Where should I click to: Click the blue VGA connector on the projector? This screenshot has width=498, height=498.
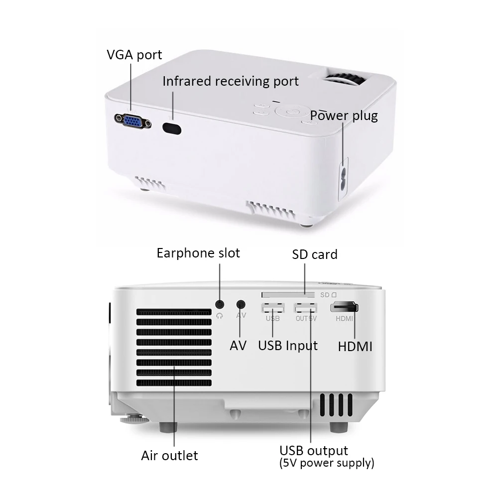click(x=133, y=122)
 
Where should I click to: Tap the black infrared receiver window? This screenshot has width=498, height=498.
click(x=172, y=129)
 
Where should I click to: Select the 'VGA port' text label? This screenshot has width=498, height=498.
click(x=134, y=55)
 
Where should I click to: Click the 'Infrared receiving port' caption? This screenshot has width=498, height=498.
click(x=231, y=81)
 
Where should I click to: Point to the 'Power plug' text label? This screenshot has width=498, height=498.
click(x=344, y=116)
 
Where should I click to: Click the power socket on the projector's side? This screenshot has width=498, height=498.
click(x=343, y=179)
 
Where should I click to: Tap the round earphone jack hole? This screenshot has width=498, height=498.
click(x=220, y=305)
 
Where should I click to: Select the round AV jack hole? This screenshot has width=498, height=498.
click(x=241, y=305)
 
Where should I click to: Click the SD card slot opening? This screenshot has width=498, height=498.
click(x=288, y=295)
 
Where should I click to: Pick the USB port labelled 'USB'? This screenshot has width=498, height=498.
click(x=273, y=308)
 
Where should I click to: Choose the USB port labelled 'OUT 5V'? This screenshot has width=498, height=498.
click(x=306, y=308)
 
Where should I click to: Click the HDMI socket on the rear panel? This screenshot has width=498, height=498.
click(x=344, y=307)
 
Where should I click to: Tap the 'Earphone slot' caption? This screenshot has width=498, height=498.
click(x=198, y=253)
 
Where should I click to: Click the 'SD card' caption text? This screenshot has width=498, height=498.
click(x=315, y=254)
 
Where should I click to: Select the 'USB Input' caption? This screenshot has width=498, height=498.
click(x=288, y=346)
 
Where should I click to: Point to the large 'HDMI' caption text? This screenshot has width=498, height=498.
click(x=355, y=347)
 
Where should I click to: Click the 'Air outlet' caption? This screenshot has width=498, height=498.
click(x=170, y=456)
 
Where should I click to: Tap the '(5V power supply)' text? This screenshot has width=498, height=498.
click(x=327, y=463)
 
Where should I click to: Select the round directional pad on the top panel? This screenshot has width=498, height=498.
click(x=292, y=111)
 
